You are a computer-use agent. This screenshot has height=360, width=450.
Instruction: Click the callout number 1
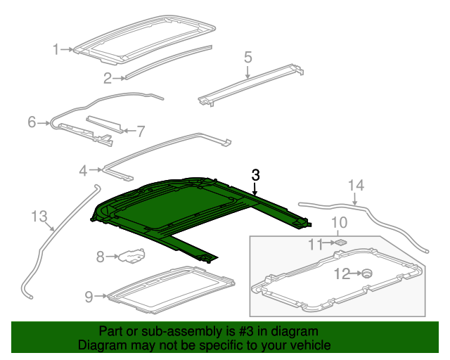point(56,49)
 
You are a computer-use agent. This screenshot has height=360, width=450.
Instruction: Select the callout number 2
point(108,77)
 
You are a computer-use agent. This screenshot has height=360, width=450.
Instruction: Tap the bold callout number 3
point(256,175)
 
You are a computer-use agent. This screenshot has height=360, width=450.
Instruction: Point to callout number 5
point(248,56)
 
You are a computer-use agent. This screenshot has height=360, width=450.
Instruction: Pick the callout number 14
point(356,186)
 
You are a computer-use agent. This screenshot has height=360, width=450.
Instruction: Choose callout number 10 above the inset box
point(339,224)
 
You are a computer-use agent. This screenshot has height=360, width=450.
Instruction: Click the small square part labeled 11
point(341,242)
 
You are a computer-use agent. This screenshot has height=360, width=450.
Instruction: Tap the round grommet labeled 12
point(366,274)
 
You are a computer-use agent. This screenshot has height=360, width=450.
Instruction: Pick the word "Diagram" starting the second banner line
point(101,345)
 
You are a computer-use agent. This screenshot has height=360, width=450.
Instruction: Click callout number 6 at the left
point(32,122)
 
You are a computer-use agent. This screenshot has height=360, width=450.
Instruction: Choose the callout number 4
point(83,170)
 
